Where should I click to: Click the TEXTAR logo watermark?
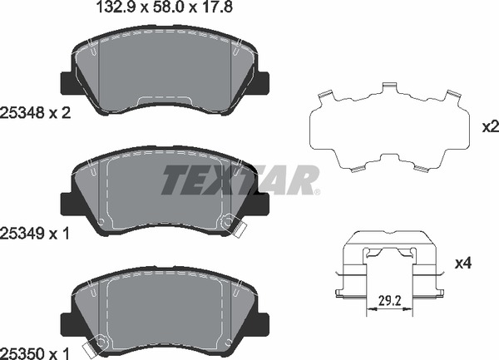click(x=240, y=180)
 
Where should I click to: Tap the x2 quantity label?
click(x=489, y=126)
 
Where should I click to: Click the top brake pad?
click(x=165, y=75)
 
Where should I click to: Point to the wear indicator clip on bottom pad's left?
click(x=97, y=343)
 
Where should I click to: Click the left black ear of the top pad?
click(x=67, y=82)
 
